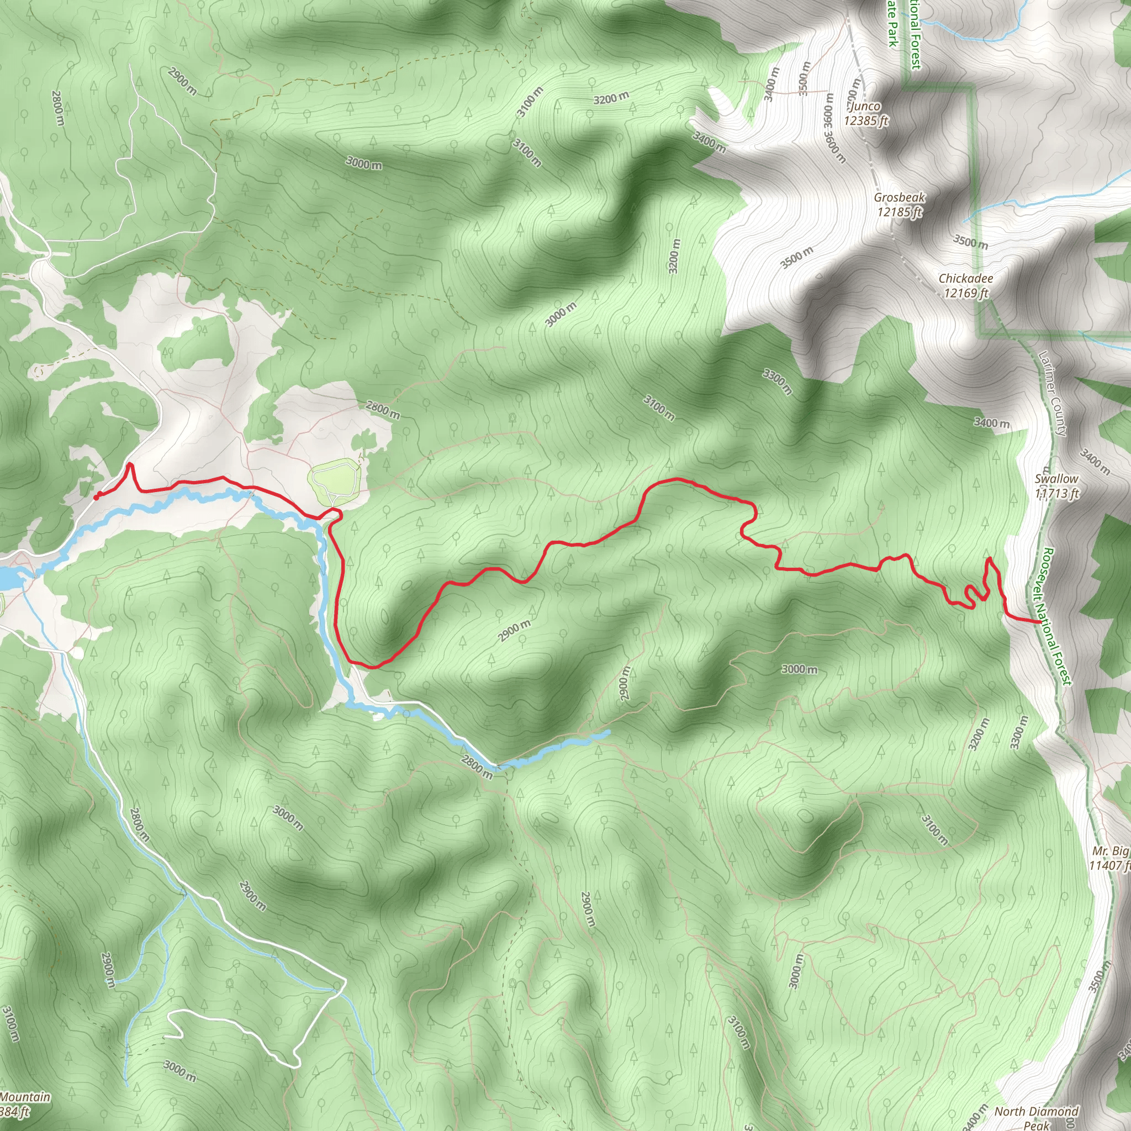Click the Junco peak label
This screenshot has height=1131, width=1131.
tap(865, 114)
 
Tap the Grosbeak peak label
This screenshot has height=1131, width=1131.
tap(899, 205)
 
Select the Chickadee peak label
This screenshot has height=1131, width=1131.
tap(966, 286)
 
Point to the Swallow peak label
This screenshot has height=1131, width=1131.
tap(1056, 487)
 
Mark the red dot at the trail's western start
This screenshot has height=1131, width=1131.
tap(96, 498)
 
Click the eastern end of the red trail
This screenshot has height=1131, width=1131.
tap(1039, 622)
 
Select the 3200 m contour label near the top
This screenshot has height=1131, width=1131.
tap(611, 98)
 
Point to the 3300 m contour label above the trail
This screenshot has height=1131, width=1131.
tap(778, 382)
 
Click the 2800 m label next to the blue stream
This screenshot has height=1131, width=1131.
tap(477, 767)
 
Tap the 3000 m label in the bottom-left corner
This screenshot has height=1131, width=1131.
tap(179, 1071)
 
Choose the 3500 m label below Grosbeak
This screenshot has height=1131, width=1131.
tap(797, 257)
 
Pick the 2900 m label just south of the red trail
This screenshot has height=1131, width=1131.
tap(515, 631)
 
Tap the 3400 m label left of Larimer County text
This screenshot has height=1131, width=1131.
tap(992, 422)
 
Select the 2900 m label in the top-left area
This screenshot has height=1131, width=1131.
tap(182, 81)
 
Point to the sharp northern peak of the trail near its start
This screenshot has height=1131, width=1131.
tap(130, 465)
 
